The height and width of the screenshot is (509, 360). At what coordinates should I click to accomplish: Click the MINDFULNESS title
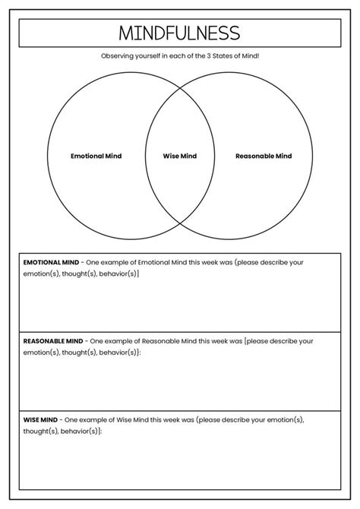pyautogui.click(x=179, y=33)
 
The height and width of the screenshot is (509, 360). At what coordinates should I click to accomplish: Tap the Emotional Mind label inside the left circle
pyautogui.click(x=96, y=156)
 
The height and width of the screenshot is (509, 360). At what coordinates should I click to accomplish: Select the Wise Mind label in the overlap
pyautogui.click(x=180, y=156)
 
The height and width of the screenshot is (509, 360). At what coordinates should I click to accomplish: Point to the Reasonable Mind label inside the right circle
pyautogui.click(x=264, y=156)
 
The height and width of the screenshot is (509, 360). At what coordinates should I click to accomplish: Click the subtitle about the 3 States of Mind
pyautogui.click(x=180, y=56)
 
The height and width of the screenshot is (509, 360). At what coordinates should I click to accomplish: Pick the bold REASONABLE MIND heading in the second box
pyautogui.click(x=53, y=341)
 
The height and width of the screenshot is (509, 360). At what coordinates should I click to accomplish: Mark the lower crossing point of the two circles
pyautogui.click(x=180, y=226)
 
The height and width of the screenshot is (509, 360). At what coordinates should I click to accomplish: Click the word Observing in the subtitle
pyautogui.click(x=117, y=56)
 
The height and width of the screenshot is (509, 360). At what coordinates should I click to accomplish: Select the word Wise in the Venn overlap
pyautogui.click(x=170, y=156)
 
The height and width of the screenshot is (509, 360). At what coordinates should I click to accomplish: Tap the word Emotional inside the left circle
pyautogui.click(x=86, y=156)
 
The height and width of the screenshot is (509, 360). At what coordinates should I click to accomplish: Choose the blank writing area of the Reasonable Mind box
pyautogui.click(x=180, y=384)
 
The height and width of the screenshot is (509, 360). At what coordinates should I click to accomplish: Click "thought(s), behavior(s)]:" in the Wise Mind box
pyautogui.click(x=63, y=431)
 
